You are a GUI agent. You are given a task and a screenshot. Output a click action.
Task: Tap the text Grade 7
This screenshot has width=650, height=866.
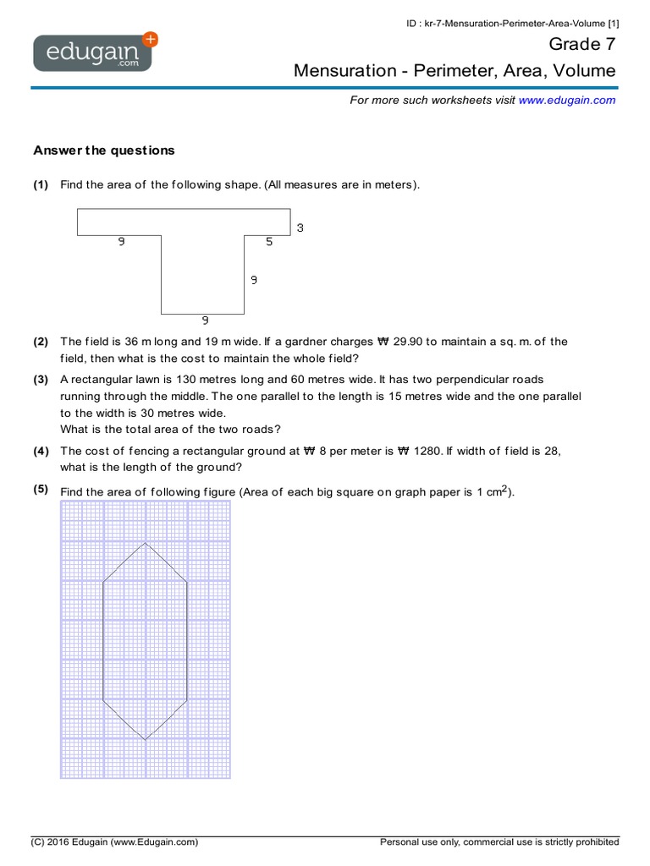click(x=582, y=44)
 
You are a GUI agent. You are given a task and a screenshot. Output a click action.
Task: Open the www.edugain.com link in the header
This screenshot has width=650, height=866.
click(x=566, y=100)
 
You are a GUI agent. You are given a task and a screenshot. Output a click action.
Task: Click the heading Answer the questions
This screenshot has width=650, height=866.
click(x=103, y=151)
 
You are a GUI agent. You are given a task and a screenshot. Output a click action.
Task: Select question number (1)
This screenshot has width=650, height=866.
click(x=41, y=184)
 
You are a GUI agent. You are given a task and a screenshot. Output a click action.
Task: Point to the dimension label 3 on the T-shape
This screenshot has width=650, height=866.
click(x=300, y=227)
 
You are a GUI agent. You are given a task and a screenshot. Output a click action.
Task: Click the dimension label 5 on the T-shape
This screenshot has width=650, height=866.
click(x=269, y=242)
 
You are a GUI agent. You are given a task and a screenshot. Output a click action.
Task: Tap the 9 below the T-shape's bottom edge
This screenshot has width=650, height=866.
click(x=205, y=321)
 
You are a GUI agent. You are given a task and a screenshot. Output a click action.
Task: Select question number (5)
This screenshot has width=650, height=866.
click(x=41, y=490)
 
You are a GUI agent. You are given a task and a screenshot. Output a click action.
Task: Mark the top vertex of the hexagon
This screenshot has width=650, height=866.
click(x=146, y=543)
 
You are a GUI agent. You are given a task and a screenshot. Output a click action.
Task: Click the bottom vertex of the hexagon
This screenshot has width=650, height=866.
click(x=146, y=740)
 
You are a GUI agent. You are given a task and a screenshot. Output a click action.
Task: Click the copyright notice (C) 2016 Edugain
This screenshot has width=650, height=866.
click(x=114, y=842)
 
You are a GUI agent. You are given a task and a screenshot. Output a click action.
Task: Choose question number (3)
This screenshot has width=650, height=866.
click(x=41, y=380)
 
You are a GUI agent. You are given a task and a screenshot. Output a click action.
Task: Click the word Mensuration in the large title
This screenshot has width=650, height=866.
click(x=344, y=71)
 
